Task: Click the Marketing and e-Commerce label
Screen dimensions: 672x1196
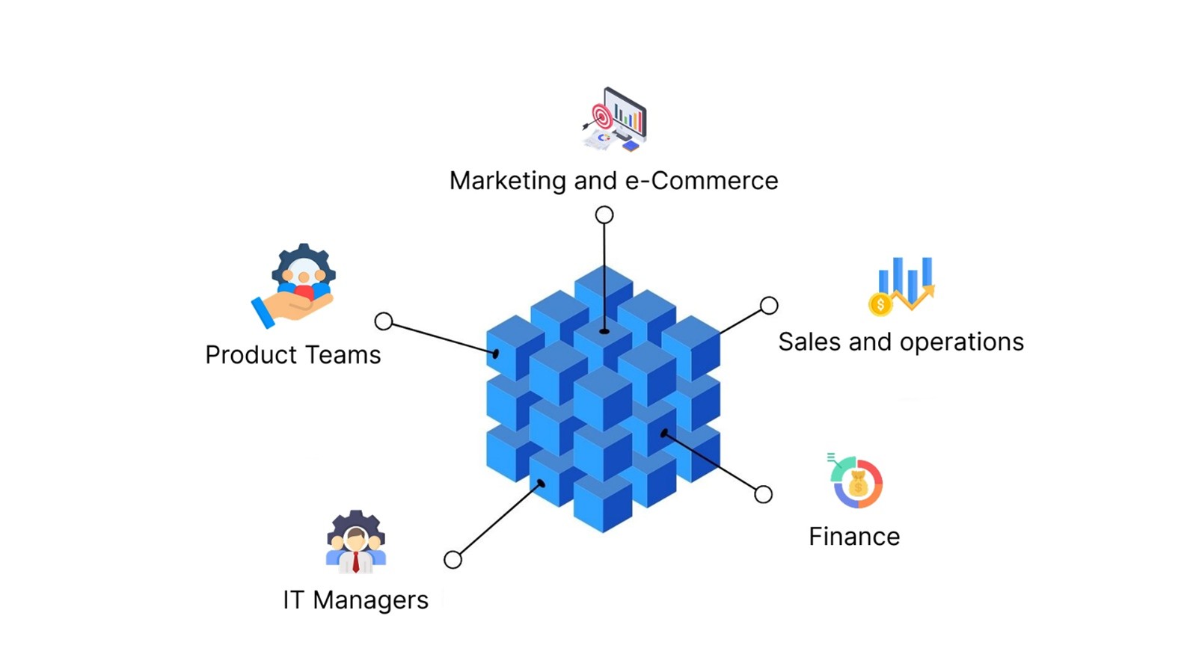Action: click(x=613, y=181)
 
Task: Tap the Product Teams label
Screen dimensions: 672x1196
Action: click(x=292, y=354)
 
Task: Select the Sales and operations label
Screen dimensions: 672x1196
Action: click(x=901, y=342)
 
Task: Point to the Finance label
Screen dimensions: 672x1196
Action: click(x=854, y=536)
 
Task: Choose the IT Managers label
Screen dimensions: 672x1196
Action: click(x=355, y=599)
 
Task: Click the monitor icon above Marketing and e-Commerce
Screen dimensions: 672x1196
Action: click(x=616, y=120)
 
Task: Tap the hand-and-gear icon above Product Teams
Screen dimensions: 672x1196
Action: click(x=295, y=285)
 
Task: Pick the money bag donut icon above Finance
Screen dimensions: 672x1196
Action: click(x=857, y=482)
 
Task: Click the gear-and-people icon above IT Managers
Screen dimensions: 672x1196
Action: click(x=356, y=542)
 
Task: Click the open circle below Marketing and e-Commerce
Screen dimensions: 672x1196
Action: click(x=604, y=215)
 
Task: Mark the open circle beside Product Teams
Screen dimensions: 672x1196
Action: click(x=384, y=321)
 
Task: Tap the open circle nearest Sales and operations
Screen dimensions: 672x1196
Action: click(x=769, y=305)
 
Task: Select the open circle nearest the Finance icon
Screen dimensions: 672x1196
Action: click(x=763, y=494)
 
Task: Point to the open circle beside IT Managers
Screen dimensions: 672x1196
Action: click(x=453, y=559)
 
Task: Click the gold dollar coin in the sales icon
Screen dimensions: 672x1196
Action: click(x=880, y=304)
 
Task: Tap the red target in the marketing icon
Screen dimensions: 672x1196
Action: click(x=601, y=117)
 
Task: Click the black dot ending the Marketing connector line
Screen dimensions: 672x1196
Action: click(x=604, y=331)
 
